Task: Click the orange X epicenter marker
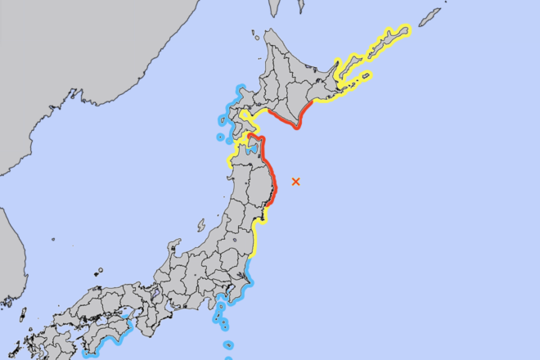[295, 181]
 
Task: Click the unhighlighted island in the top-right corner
[430, 16]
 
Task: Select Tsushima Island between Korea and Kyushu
[22, 315]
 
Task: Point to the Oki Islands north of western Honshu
[98, 271]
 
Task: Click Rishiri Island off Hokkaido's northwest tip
[254, 36]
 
